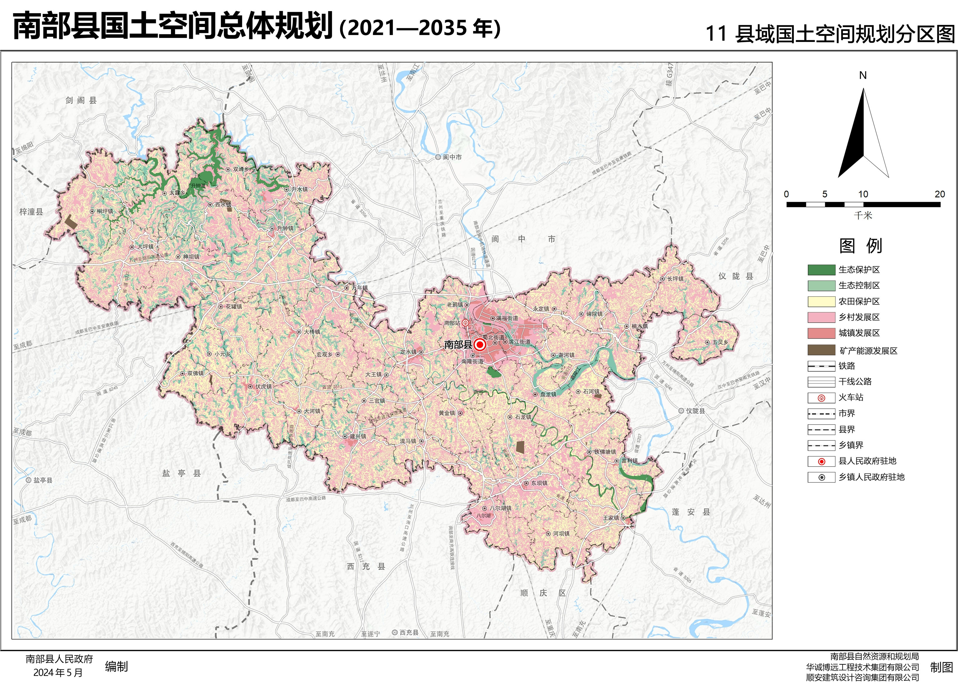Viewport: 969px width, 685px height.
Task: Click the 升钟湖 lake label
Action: click(198, 186)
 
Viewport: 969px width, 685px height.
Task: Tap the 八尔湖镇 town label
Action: click(501, 508)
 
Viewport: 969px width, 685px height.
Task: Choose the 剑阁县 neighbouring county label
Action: click(81, 100)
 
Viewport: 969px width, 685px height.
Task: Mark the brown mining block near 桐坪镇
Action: click(71, 222)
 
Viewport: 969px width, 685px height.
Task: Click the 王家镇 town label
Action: click(611, 518)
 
